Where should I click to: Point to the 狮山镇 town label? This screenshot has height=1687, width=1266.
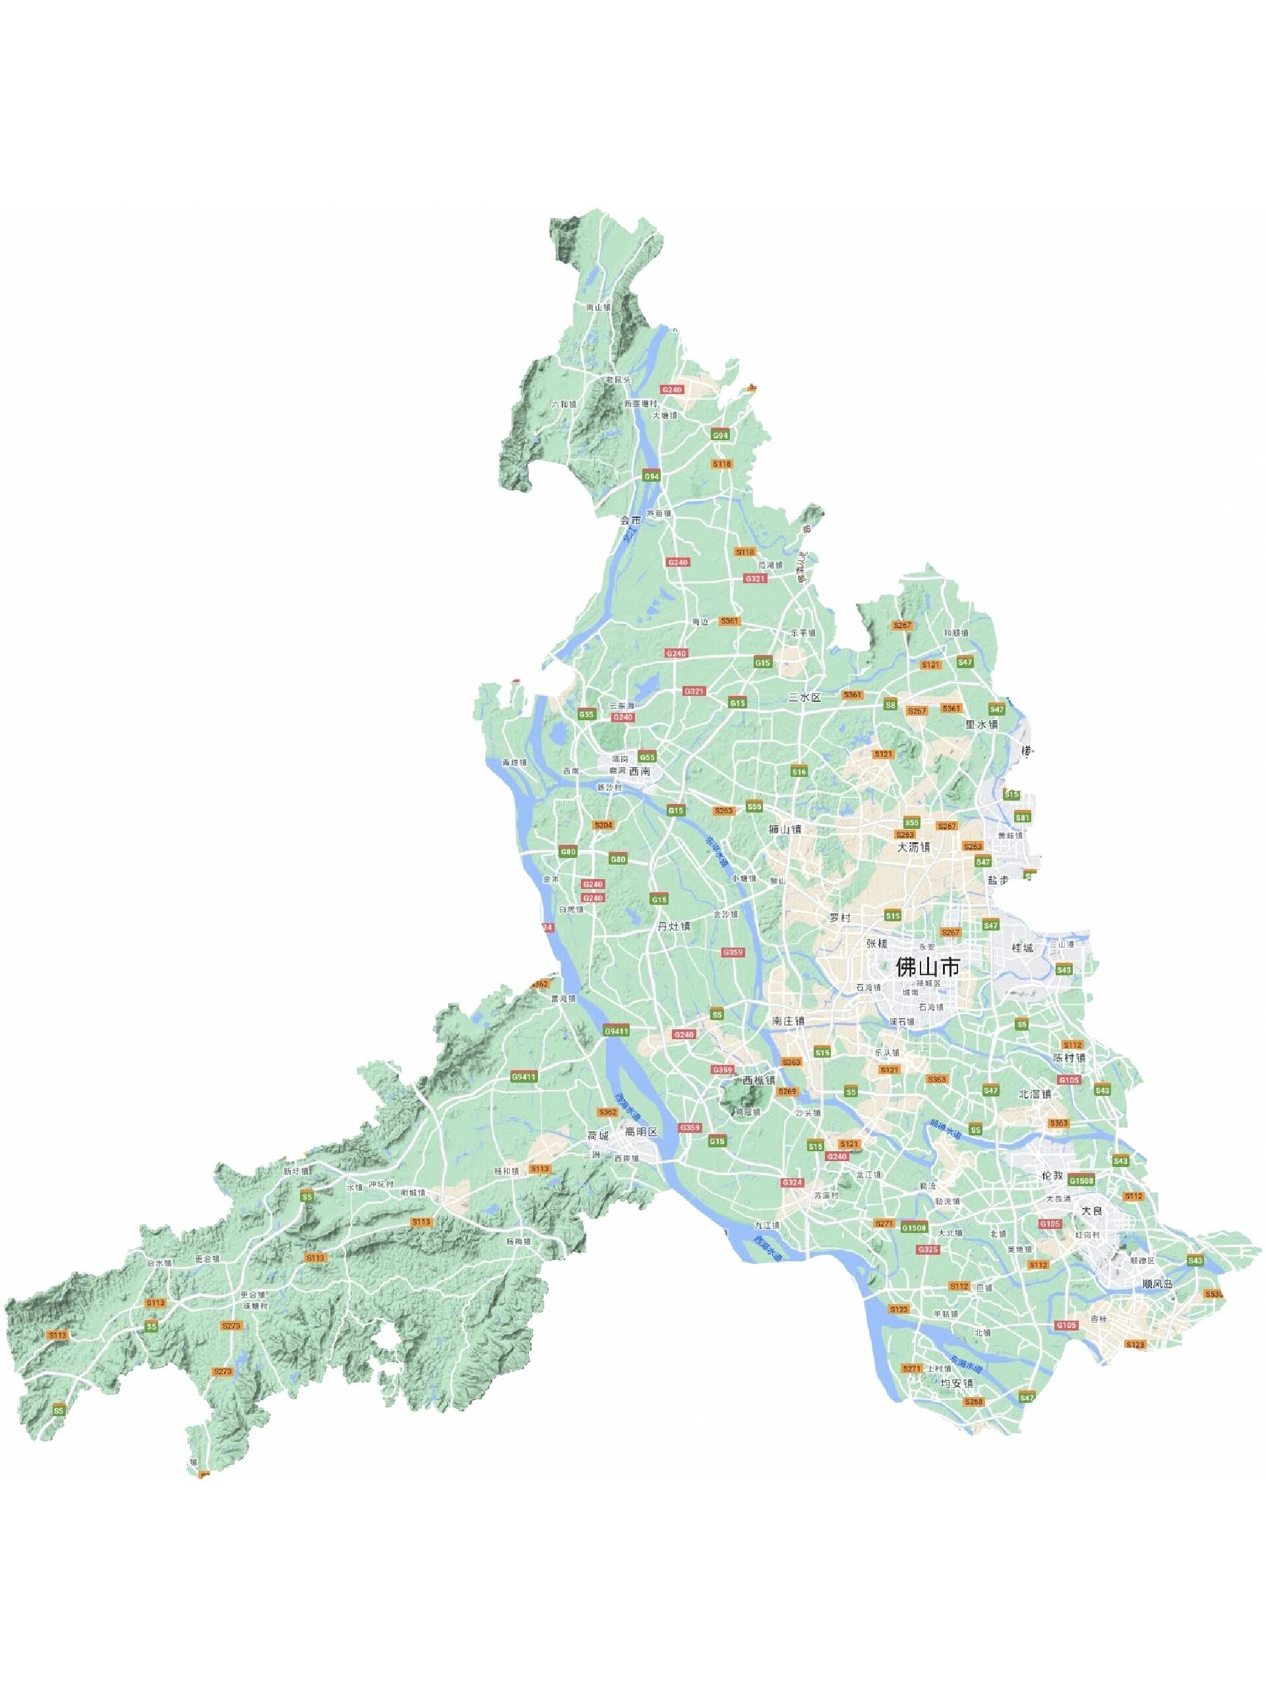pyautogui.click(x=786, y=829)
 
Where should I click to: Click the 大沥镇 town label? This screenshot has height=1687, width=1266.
pyautogui.click(x=913, y=847)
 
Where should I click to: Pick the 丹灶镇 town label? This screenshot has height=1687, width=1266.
pyautogui.click(x=674, y=926)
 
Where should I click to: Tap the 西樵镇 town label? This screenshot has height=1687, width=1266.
pyautogui.click(x=760, y=1081)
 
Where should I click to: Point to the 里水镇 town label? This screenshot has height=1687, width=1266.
pyautogui.click(x=981, y=724)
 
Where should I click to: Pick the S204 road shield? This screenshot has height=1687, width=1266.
pyautogui.click(x=603, y=825)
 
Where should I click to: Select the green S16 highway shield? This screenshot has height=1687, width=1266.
pyautogui.click(x=799, y=772)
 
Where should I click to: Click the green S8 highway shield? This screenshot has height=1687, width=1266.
pyautogui.click(x=889, y=706)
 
